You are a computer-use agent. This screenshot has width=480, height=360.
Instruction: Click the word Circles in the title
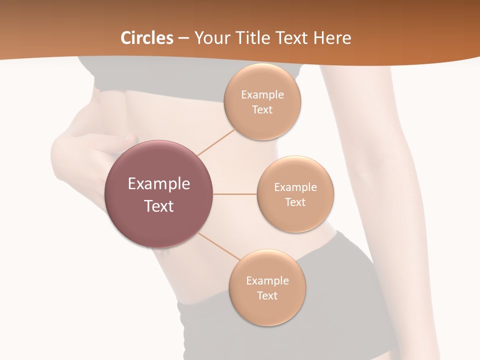(x=147, y=38)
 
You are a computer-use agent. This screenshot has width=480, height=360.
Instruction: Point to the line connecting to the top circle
(x=216, y=142)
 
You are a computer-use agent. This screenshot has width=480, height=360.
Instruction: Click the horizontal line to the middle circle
(x=234, y=194)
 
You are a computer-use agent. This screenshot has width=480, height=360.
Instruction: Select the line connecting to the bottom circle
(x=218, y=246)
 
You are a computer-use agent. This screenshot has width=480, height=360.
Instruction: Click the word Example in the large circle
(x=159, y=184)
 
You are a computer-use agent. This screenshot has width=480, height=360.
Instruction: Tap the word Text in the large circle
(x=159, y=206)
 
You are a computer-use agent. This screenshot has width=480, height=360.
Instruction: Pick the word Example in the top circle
(x=262, y=95)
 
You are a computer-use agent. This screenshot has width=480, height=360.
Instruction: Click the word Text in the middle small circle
(x=295, y=202)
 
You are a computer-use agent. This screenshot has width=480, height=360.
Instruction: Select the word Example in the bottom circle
(x=267, y=280)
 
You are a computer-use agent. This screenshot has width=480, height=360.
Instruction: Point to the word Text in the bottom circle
(x=267, y=295)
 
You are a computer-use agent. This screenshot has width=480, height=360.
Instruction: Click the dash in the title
(x=183, y=38)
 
